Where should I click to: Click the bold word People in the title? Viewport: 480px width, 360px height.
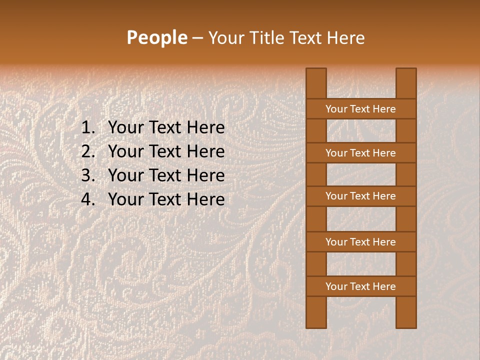tap(156, 38)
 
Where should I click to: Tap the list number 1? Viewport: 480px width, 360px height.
tap(88, 128)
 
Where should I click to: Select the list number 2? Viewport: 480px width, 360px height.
tap(88, 151)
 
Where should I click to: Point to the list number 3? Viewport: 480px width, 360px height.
tap(88, 175)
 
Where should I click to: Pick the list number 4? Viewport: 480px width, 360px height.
tap(88, 199)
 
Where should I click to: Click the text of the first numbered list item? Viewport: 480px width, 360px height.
tap(166, 128)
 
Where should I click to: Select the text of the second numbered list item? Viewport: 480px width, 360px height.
tap(166, 151)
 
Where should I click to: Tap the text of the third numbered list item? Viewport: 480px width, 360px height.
tap(166, 175)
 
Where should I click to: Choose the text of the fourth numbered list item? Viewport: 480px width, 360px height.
tap(166, 199)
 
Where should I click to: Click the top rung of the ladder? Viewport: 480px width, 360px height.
tap(360, 109)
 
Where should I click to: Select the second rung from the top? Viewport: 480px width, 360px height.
tap(360, 153)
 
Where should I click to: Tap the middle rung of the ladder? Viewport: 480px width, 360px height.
tap(360, 196)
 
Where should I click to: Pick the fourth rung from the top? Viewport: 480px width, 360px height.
tap(360, 242)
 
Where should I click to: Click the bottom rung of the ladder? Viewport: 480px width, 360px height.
tap(360, 286)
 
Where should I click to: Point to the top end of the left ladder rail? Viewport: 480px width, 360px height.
tap(316, 72)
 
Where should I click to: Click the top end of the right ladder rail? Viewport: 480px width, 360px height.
tap(406, 72)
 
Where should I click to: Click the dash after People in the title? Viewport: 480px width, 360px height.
tap(197, 38)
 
